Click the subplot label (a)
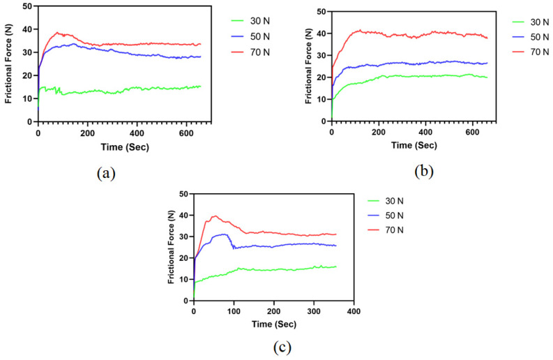(x=105, y=174)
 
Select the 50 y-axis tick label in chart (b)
(x=321, y=11)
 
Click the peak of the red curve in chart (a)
(x=57, y=32)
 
